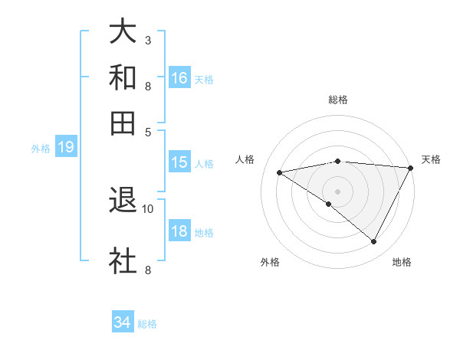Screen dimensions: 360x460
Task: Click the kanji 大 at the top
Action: (123, 33)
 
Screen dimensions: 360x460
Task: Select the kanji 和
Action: (123, 78)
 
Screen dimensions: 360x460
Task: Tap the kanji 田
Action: (123, 123)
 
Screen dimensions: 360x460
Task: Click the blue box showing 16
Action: (179, 78)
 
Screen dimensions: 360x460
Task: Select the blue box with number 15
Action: (179, 162)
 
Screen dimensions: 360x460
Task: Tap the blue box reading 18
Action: (179, 231)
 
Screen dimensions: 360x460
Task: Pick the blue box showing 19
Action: (66, 147)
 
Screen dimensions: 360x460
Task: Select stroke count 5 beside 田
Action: (148, 131)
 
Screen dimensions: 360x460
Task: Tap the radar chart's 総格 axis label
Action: (338, 100)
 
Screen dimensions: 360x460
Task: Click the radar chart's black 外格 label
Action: (270, 263)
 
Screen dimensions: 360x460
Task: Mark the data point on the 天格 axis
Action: (410, 168)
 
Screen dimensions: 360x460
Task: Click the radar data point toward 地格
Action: (374, 242)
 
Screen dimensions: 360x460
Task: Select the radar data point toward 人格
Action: (280, 172)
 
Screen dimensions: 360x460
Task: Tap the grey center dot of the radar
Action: (338, 191)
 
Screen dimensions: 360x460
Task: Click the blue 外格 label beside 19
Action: (40, 149)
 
